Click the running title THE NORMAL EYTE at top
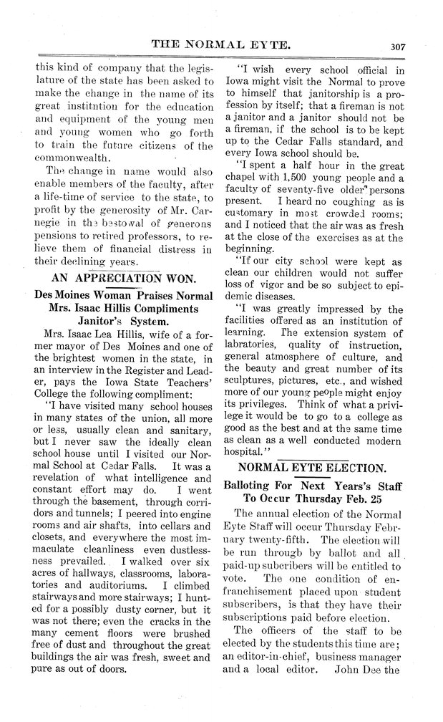220,44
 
